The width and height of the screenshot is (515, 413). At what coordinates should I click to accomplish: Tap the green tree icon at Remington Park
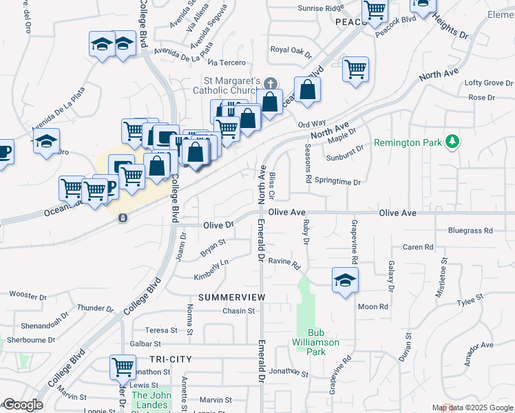click(452, 141)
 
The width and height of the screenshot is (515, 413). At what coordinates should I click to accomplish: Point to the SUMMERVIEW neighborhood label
click(231, 297)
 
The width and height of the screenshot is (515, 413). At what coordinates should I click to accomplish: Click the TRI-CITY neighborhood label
click(169, 359)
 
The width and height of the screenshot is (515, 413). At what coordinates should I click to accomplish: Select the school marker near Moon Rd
click(345, 279)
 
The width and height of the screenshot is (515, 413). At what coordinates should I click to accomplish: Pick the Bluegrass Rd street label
click(470, 231)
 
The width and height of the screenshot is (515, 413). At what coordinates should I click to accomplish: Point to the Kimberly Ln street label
click(211, 269)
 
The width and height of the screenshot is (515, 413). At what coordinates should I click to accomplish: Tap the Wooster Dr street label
click(28, 295)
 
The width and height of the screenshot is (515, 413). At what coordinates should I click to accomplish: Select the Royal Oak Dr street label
click(291, 50)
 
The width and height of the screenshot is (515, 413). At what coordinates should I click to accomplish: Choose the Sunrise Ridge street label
click(320, 8)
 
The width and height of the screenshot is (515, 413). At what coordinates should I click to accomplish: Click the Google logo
click(23, 405)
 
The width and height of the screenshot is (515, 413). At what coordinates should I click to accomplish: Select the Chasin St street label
click(238, 311)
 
